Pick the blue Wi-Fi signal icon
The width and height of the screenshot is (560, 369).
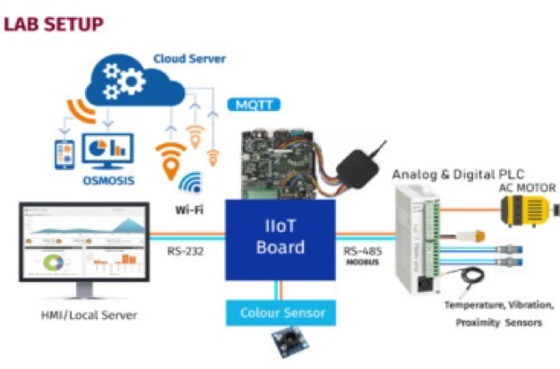tap(189, 184)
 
